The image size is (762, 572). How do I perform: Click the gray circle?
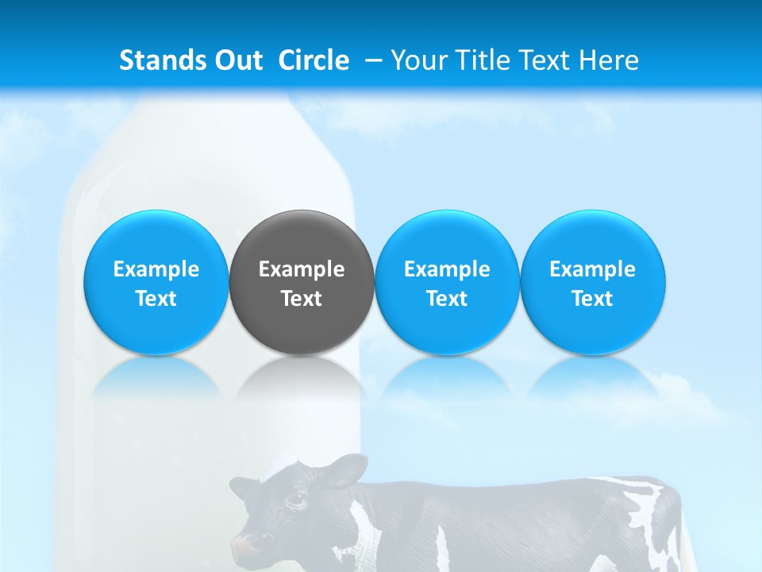pos(302,282)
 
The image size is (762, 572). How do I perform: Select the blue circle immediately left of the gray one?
pos(156,282)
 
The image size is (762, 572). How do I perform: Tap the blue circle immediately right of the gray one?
pos(447,282)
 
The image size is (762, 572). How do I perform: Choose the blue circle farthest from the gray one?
pos(593,282)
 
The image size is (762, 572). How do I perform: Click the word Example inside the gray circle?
pos(302,269)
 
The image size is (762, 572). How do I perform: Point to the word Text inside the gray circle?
pos(302,299)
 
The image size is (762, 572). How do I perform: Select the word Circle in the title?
pos(314,60)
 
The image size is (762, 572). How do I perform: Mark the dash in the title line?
pos(373,60)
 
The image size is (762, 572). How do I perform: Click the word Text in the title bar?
pos(551,60)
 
